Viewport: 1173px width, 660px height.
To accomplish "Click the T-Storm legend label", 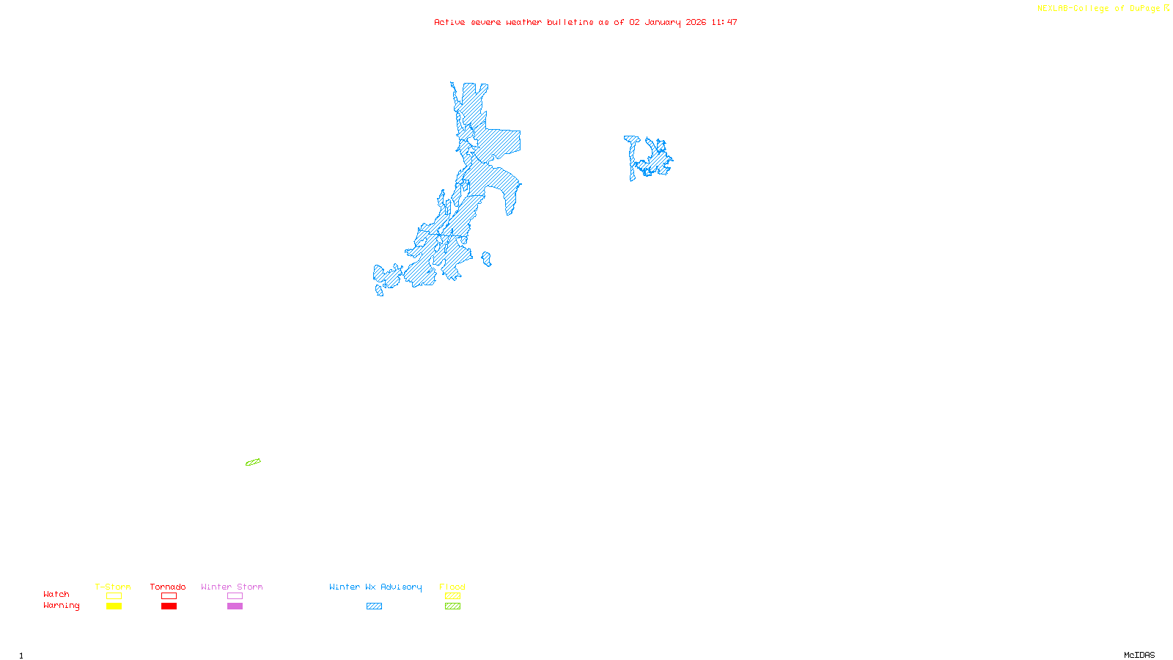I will [113, 587].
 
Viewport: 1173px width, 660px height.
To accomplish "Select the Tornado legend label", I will [168, 587].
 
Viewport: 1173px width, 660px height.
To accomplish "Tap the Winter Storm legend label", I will [232, 587].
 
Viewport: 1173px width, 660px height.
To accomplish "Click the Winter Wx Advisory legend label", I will [375, 587].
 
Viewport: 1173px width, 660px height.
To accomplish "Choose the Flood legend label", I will [452, 587].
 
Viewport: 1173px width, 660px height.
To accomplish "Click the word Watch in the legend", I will [56, 594].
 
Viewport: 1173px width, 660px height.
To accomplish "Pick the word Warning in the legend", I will [62, 606].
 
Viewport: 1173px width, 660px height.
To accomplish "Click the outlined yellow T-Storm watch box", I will [114, 596].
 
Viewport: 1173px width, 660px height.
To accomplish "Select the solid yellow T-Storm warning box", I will [114, 606].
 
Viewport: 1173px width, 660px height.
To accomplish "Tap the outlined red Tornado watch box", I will [169, 596].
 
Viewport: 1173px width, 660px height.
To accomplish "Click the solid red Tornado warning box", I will [169, 606].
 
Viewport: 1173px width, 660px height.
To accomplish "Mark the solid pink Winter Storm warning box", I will [235, 606].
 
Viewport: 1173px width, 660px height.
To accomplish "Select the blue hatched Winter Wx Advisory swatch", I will [374, 606].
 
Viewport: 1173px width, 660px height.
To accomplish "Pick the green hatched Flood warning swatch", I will [452, 606].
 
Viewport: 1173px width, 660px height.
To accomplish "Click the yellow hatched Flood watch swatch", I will [452, 596].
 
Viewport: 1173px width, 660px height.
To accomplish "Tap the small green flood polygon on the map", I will [253, 462].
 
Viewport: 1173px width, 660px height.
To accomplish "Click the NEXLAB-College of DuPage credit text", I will [1099, 9].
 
